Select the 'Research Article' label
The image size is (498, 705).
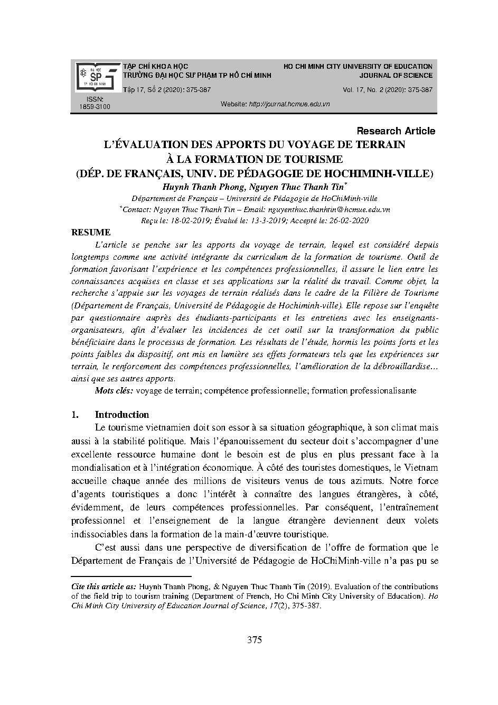coord(396,131)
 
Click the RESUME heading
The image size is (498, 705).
coord(91,232)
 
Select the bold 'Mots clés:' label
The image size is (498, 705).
coord(114,390)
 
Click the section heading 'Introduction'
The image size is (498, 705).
coord(121,415)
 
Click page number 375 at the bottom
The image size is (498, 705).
coord(254,640)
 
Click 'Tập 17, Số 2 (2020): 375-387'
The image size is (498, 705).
coord(167,90)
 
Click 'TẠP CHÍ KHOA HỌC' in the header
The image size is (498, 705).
coord(155,67)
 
